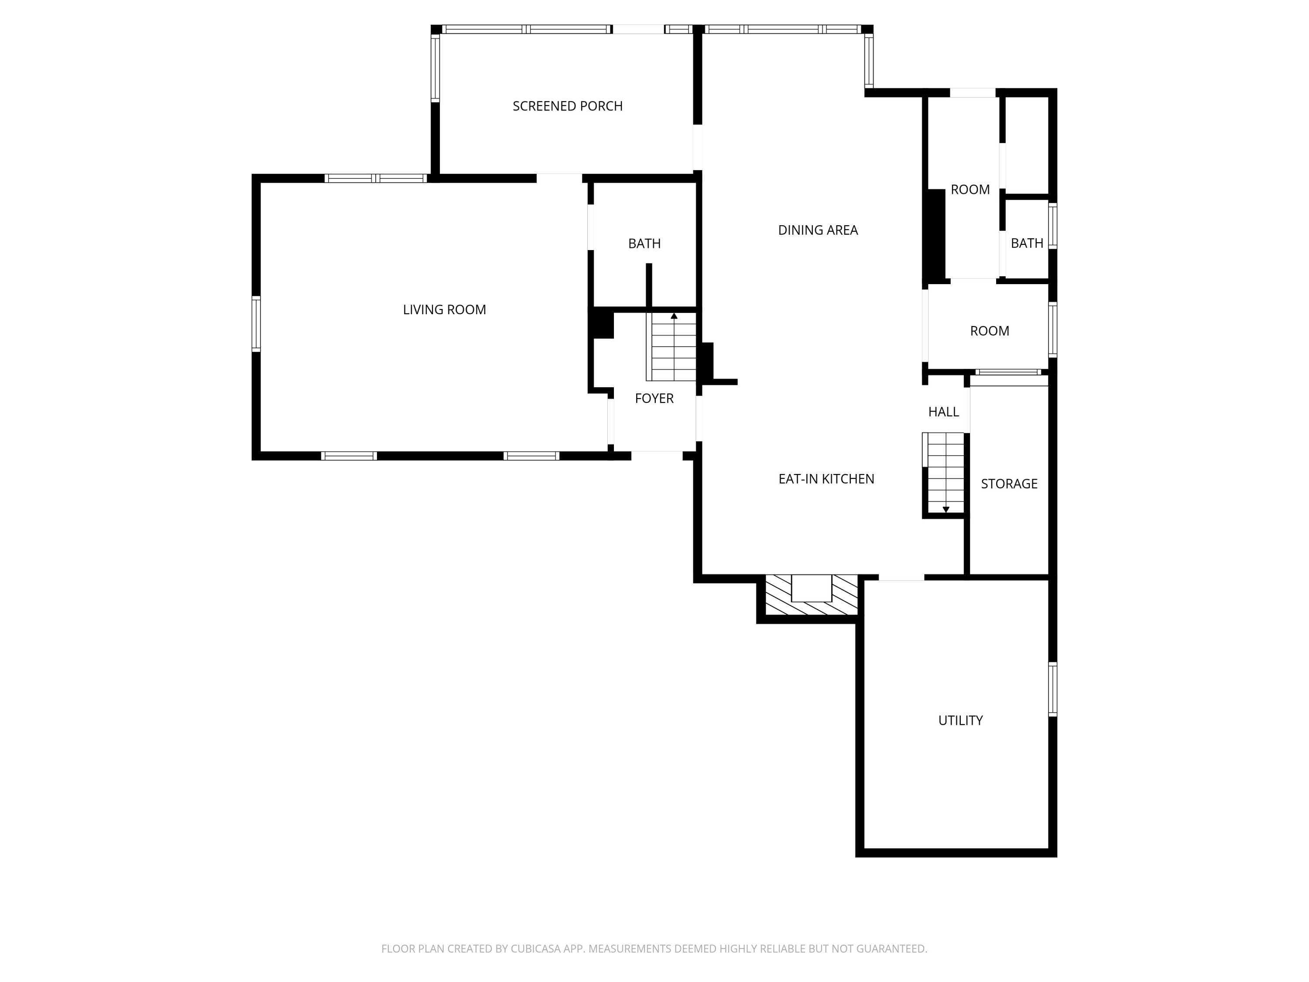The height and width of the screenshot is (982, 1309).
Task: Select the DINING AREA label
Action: click(817, 230)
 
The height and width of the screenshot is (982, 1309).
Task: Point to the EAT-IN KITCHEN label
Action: click(826, 479)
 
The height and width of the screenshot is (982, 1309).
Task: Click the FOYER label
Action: click(654, 398)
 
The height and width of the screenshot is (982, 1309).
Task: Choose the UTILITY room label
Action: click(960, 721)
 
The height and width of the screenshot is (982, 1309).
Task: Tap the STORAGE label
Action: click(1008, 484)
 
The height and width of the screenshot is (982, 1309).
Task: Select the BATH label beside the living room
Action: click(644, 243)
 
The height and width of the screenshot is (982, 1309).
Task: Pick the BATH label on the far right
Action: click(1026, 243)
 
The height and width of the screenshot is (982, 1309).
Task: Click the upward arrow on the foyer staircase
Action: click(673, 316)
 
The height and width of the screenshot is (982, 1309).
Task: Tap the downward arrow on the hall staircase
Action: click(945, 509)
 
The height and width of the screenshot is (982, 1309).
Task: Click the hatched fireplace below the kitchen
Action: click(811, 595)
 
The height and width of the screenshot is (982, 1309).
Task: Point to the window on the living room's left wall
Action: click(256, 324)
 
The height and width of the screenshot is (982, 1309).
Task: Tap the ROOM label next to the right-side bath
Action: click(970, 189)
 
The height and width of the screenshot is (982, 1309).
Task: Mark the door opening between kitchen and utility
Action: click(901, 577)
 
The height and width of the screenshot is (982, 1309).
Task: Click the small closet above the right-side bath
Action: click(1027, 145)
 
